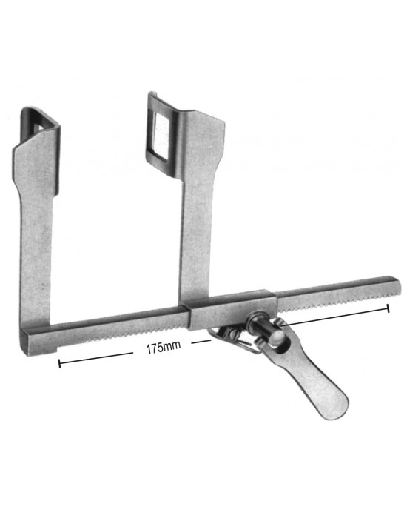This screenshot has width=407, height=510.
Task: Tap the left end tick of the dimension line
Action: pyautogui.click(x=59, y=363)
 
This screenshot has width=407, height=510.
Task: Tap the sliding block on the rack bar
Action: pyautogui.click(x=223, y=305)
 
